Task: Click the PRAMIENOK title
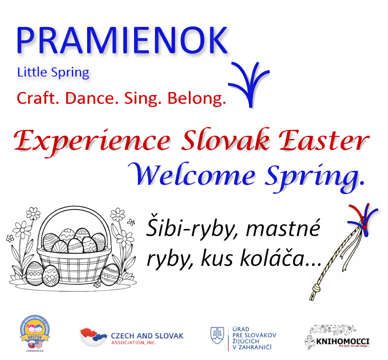[122, 41]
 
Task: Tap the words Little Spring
[53, 72]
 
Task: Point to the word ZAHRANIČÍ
[254, 347]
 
